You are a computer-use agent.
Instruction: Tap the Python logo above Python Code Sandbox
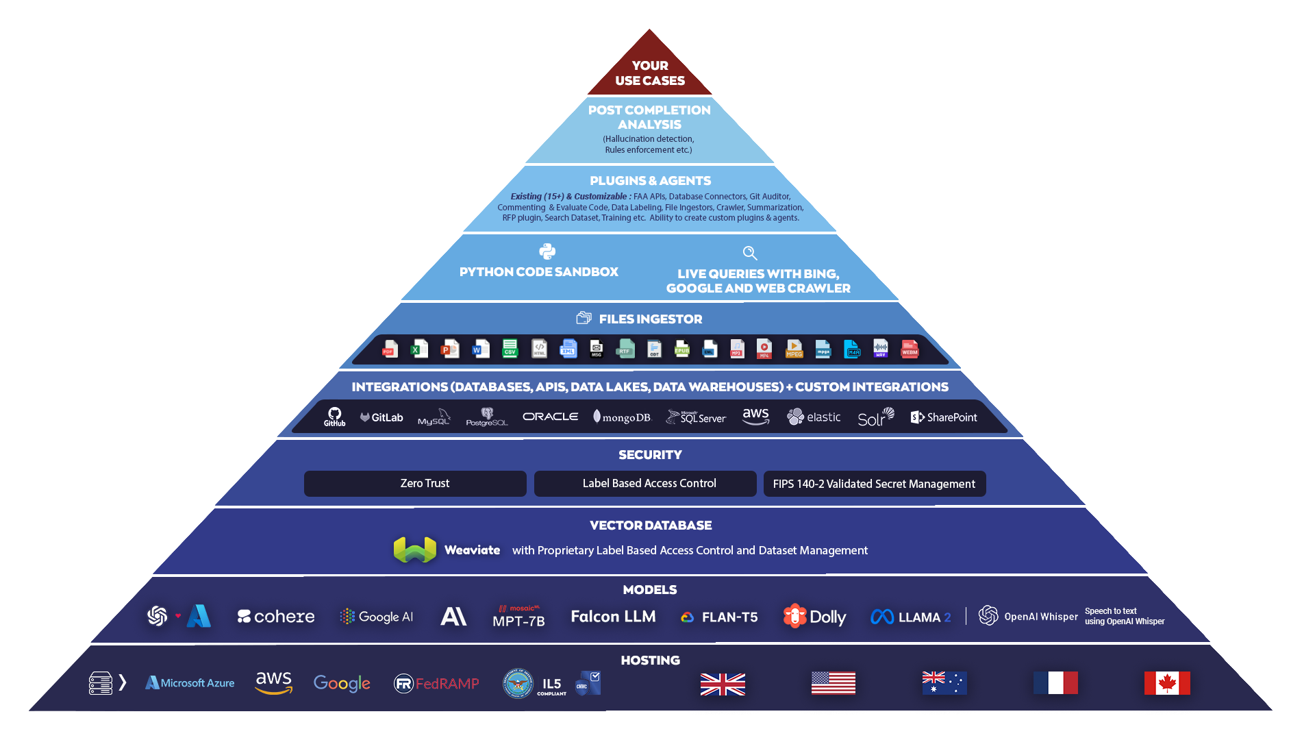(x=547, y=251)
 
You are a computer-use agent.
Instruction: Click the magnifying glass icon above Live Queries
(x=750, y=254)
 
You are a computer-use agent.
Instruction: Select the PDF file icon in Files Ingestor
(x=390, y=349)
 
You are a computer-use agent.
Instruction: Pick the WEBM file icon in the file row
(x=910, y=349)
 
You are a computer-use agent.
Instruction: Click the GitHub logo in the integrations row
(x=334, y=417)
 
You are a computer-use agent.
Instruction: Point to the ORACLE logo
(x=550, y=417)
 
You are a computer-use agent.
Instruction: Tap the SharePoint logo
(x=944, y=417)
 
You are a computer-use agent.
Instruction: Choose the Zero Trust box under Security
(x=415, y=484)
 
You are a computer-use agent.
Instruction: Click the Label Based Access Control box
(x=645, y=484)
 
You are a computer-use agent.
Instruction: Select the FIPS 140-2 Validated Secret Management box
(x=875, y=484)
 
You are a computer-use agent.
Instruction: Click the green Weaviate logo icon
(x=415, y=550)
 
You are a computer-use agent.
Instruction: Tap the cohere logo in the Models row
(x=276, y=617)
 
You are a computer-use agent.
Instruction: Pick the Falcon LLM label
(x=613, y=617)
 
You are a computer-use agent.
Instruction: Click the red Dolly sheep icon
(x=794, y=616)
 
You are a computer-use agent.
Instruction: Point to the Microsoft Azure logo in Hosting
(x=190, y=683)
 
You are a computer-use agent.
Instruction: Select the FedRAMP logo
(x=436, y=683)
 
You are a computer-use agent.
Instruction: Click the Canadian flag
(x=1167, y=683)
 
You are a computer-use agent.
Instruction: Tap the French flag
(x=1055, y=683)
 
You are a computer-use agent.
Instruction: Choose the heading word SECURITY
(x=650, y=455)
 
